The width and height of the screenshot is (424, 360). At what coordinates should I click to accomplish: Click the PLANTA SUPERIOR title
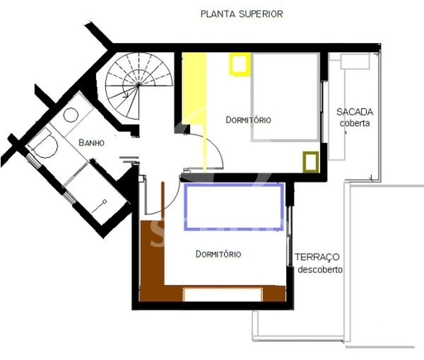pyautogui.click(x=242, y=14)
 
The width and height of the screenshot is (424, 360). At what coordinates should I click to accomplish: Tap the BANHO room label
pyautogui.click(x=91, y=142)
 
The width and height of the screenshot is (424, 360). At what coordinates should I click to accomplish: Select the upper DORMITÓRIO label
pyautogui.click(x=248, y=120)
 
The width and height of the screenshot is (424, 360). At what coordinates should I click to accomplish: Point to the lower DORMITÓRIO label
pyautogui.click(x=218, y=254)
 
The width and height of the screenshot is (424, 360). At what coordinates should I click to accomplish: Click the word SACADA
pyautogui.click(x=355, y=112)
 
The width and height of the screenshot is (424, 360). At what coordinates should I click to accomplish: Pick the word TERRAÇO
pyautogui.click(x=317, y=257)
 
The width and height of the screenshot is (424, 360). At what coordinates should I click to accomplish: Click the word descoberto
pyautogui.click(x=320, y=270)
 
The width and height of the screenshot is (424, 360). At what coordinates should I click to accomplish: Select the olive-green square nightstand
pyautogui.click(x=311, y=162)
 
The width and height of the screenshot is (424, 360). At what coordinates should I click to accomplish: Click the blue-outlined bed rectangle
pyautogui.click(x=234, y=184)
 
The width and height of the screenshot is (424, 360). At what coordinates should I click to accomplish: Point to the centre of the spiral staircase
pyautogui.click(x=139, y=85)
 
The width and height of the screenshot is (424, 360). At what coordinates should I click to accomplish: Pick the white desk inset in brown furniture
pyautogui.click(x=222, y=294)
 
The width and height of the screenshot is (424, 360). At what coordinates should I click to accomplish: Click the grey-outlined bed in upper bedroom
pyautogui.click(x=285, y=97)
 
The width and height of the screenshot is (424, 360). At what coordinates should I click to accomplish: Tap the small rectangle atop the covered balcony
pyautogui.click(x=355, y=61)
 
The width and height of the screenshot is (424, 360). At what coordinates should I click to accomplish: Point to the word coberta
pyautogui.click(x=355, y=123)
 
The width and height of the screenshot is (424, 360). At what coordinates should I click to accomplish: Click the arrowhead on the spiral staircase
pyautogui.click(x=126, y=96)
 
